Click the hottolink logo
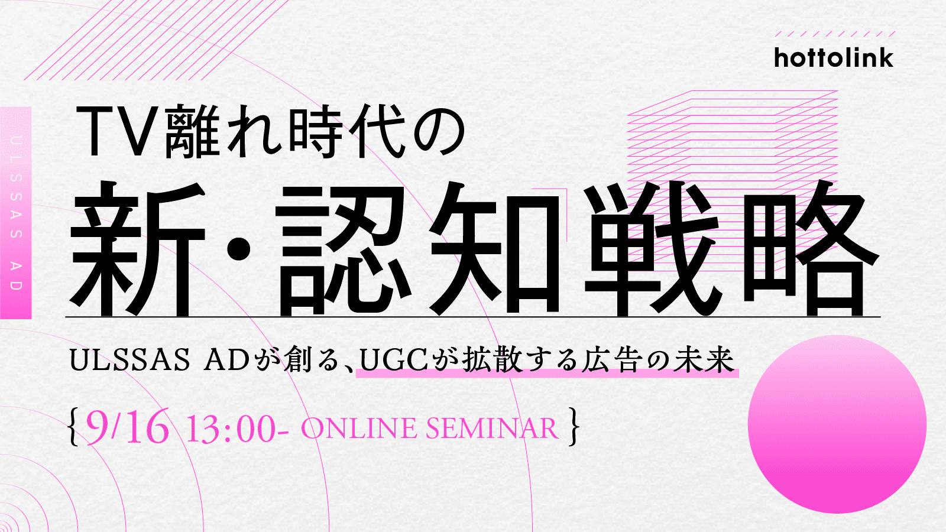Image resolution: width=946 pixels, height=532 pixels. [834, 58]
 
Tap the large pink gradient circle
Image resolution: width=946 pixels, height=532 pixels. [837, 424]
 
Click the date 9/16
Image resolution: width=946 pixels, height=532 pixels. [127, 426]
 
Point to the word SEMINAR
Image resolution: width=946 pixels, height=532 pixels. [492, 429]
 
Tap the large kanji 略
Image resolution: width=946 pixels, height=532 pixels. [809, 249]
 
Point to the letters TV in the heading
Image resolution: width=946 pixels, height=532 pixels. [119, 132]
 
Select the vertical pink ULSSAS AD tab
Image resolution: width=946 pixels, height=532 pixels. [15, 213]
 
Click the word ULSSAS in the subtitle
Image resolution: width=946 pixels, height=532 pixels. [130, 361]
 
